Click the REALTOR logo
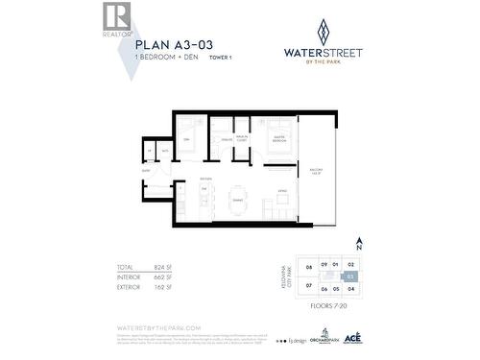click(x=115, y=18)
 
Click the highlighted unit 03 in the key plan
click(x=351, y=276)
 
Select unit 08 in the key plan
click(x=309, y=266)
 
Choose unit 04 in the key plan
click(x=351, y=288)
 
